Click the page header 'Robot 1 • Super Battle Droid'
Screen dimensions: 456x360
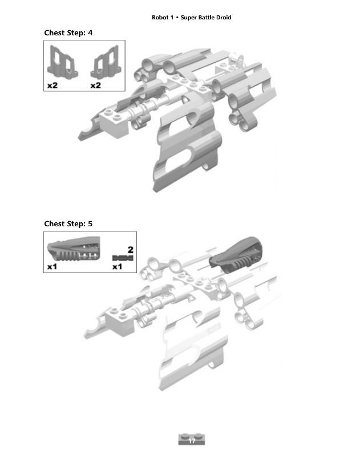[x=191, y=17]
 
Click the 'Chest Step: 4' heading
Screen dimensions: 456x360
[x=68, y=32]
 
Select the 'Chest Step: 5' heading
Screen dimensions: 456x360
[x=68, y=223]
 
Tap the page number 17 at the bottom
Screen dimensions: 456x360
[x=192, y=441]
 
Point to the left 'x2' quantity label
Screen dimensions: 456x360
[x=52, y=85]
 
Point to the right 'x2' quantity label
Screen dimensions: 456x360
[x=95, y=85]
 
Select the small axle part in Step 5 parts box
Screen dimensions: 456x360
[x=123, y=258]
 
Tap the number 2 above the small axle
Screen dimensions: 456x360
[x=130, y=250]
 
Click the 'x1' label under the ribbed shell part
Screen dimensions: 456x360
[x=52, y=266]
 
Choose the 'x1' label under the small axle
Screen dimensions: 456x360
[x=118, y=266]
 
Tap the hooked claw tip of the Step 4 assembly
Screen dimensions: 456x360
[x=86, y=134]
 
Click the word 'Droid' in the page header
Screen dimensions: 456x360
[x=223, y=17]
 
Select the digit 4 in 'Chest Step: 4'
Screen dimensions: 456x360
[x=90, y=32]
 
